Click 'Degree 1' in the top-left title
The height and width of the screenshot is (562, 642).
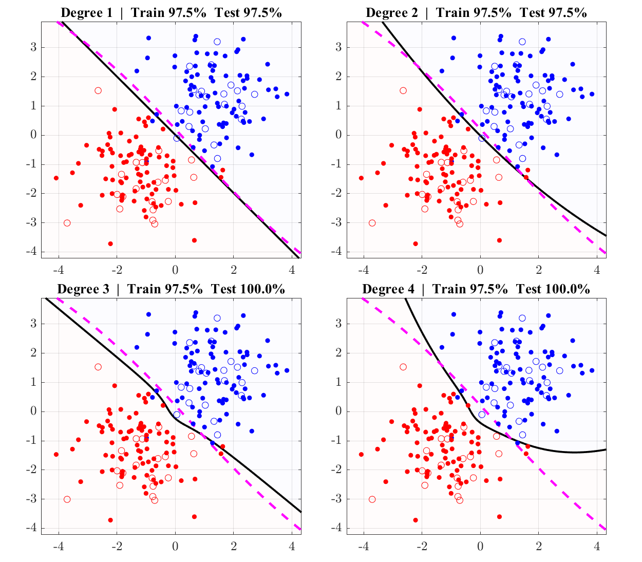click(86, 13)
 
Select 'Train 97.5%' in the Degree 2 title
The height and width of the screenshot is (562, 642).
click(474, 13)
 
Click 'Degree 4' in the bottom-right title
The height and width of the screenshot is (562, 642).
click(388, 289)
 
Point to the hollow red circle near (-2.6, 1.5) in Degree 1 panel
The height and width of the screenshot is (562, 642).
click(98, 90)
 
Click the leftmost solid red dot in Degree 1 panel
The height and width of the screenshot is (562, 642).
click(56, 178)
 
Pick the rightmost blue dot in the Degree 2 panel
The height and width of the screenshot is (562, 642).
click(592, 94)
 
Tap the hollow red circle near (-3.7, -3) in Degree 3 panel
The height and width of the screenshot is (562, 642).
click(67, 499)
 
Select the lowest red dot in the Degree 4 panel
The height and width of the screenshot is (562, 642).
click(416, 520)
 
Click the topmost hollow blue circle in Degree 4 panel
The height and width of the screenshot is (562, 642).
click(522, 318)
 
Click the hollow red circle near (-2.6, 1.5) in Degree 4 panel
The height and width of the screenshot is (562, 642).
click(403, 367)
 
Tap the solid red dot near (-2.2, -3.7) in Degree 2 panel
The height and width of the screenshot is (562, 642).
click(416, 243)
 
